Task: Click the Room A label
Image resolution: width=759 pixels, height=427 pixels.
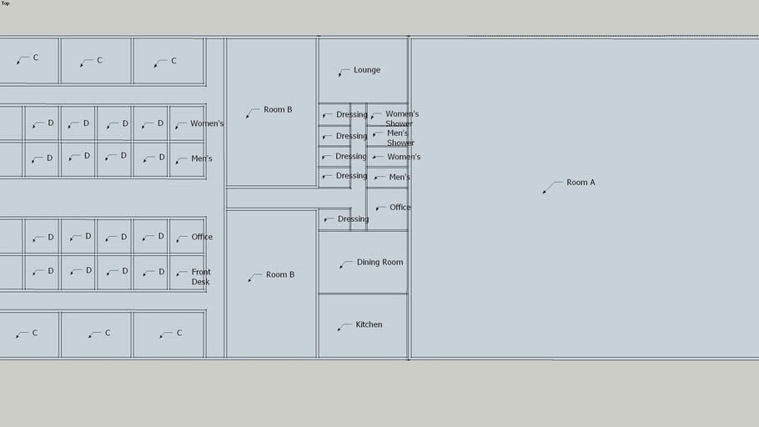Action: [x=581, y=182]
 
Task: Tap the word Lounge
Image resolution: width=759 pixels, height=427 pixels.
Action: [x=366, y=70]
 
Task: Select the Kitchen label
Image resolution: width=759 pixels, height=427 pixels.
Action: [x=369, y=324]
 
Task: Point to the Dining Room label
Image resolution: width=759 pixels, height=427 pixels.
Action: [x=379, y=262]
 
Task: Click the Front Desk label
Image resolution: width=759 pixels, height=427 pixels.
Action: [x=201, y=277]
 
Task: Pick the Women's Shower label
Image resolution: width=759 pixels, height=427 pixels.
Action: [x=401, y=118]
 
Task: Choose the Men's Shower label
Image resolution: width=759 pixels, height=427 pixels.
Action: [x=400, y=138]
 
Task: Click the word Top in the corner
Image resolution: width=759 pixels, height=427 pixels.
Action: [x=5, y=3]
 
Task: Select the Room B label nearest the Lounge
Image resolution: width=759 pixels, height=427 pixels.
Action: [x=278, y=109]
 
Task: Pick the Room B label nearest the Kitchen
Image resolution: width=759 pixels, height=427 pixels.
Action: [x=279, y=274]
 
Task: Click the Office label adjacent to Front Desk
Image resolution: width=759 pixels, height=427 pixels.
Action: [x=202, y=237]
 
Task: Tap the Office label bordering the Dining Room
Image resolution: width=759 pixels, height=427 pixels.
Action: [x=400, y=207]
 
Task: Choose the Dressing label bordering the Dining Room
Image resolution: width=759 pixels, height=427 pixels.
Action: [x=353, y=219]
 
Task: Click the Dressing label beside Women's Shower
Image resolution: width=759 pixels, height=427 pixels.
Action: [x=351, y=114]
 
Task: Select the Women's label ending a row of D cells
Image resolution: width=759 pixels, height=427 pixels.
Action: [x=207, y=123]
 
